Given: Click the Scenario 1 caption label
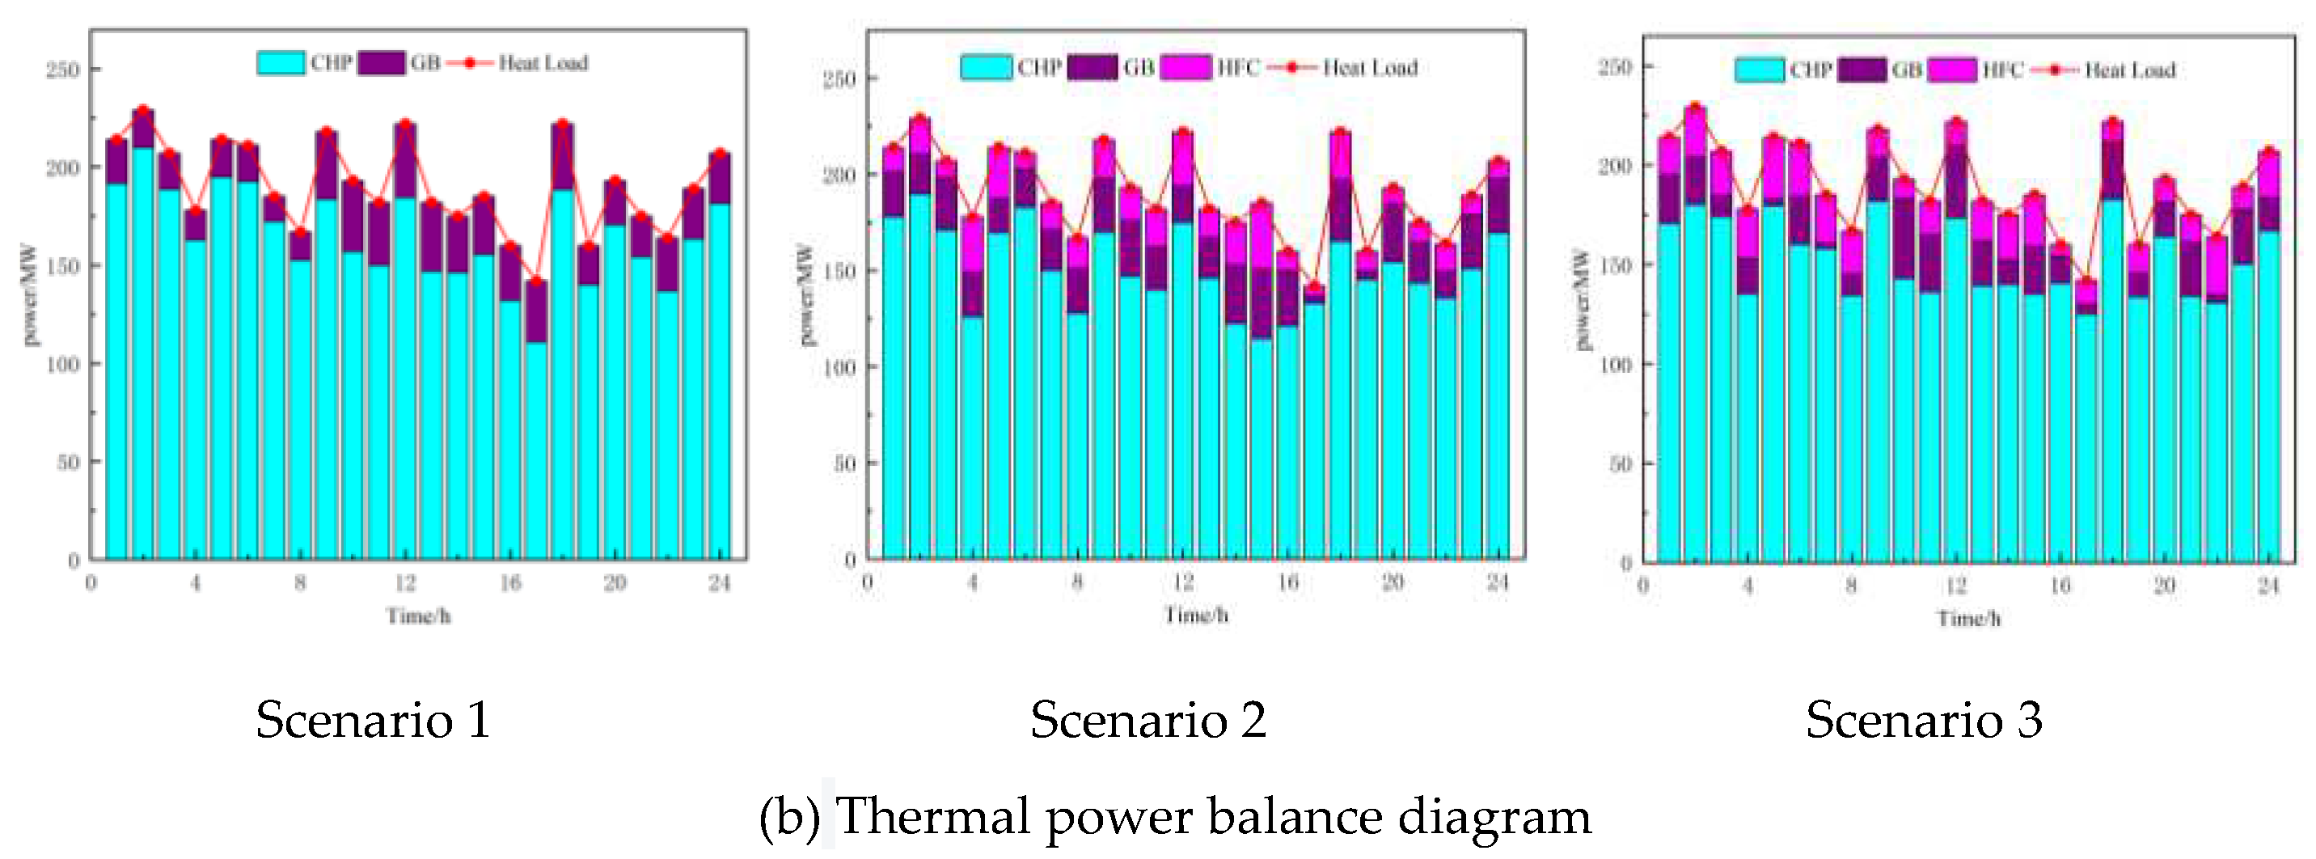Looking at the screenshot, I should pyautogui.click(x=373, y=721).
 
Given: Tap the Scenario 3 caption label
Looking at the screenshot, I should pyautogui.click(x=1923, y=721).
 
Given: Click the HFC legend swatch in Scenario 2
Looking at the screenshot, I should pyautogui.click(x=1185, y=67).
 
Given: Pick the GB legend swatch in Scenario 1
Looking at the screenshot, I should pyautogui.click(x=380, y=63).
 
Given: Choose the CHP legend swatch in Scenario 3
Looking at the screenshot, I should pyautogui.click(x=1759, y=70).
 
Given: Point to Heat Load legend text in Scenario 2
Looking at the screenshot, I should pyautogui.click(x=1369, y=67).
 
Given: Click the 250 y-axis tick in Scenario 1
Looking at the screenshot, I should pyautogui.click(x=63, y=70).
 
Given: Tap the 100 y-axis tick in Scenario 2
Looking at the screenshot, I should pyautogui.click(x=839, y=367).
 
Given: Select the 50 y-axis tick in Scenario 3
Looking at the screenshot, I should pyautogui.click(x=1620, y=464).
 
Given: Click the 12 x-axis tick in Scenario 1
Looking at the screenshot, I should pyautogui.click(x=404, y=584).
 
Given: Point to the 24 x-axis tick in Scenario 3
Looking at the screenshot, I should pyautogui.click(x=2267, y=586).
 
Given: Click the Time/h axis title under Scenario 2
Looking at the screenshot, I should pyautogui.click(x=1195, y=616).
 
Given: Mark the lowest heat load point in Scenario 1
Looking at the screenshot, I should pyautogui.click(x=536, y=281).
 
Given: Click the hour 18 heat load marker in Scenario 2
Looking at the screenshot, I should pyautogui.click(x=1340, y=132).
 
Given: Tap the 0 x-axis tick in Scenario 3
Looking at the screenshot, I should pyautogui.click(x=1643, y=586).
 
